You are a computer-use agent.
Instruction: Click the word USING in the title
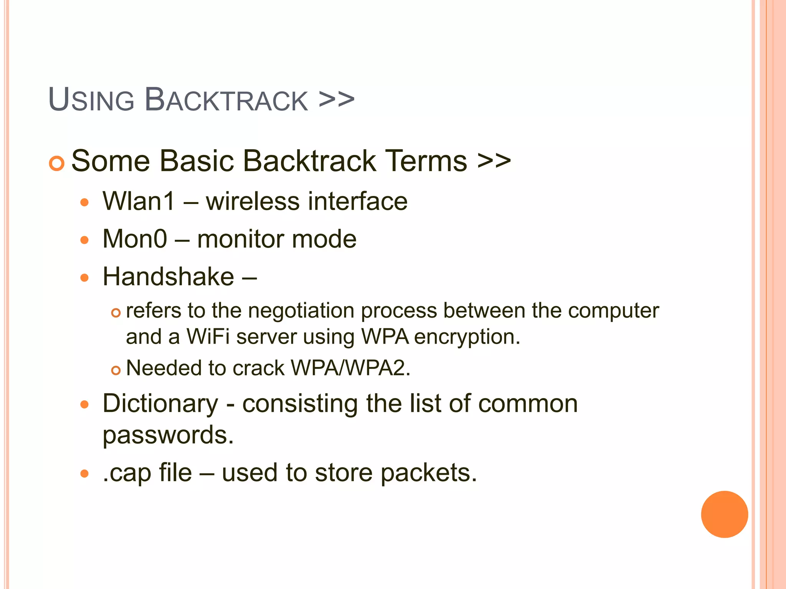[x=91, y=100]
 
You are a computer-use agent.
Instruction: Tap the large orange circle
[x=724, y=514]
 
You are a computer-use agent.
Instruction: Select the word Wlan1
[x=139, y=201]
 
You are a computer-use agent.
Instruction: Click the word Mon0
[x=135, y=239]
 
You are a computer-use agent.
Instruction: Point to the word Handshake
[x=168, y=276]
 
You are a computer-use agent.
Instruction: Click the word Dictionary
[x=160, y=404]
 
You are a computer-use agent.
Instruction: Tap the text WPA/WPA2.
[x=350, y=368]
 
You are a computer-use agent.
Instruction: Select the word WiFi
[x=208, y=337]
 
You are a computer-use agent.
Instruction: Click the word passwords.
[x=168, y=435]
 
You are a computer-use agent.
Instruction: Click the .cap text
[x=127, y=473]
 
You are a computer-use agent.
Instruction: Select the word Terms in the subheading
[x=426, y=161]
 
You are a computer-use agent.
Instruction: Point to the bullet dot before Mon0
[x=84, y=240]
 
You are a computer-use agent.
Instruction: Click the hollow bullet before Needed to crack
[x=116, y=370]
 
